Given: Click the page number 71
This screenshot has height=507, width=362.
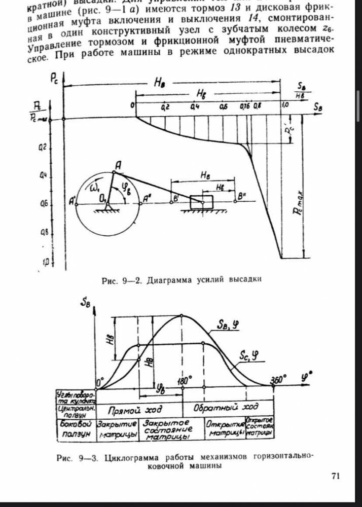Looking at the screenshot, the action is [334, 475].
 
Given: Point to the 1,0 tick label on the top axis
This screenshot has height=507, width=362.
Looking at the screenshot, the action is [285, 105].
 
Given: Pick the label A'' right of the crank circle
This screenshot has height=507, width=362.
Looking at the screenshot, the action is [147, 198].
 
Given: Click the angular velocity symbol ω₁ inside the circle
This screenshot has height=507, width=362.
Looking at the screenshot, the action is [95, 189].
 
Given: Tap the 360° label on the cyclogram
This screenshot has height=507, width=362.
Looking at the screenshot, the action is [277, 379].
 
